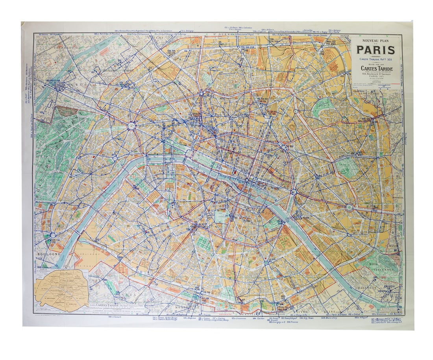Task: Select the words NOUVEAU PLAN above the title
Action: pyautogui.click(x=375, y=40)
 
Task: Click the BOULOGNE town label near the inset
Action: pyautogui.click(x=48, y=254)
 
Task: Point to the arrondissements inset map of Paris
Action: pyautogui.click(x=61, y=289)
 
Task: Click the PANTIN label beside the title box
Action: pyautogui.click(x=344, y=36)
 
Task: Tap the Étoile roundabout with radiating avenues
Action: pyautogui.click(x=131, y=126)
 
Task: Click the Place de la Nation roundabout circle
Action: pyautogui.click(x=349, y=207)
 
